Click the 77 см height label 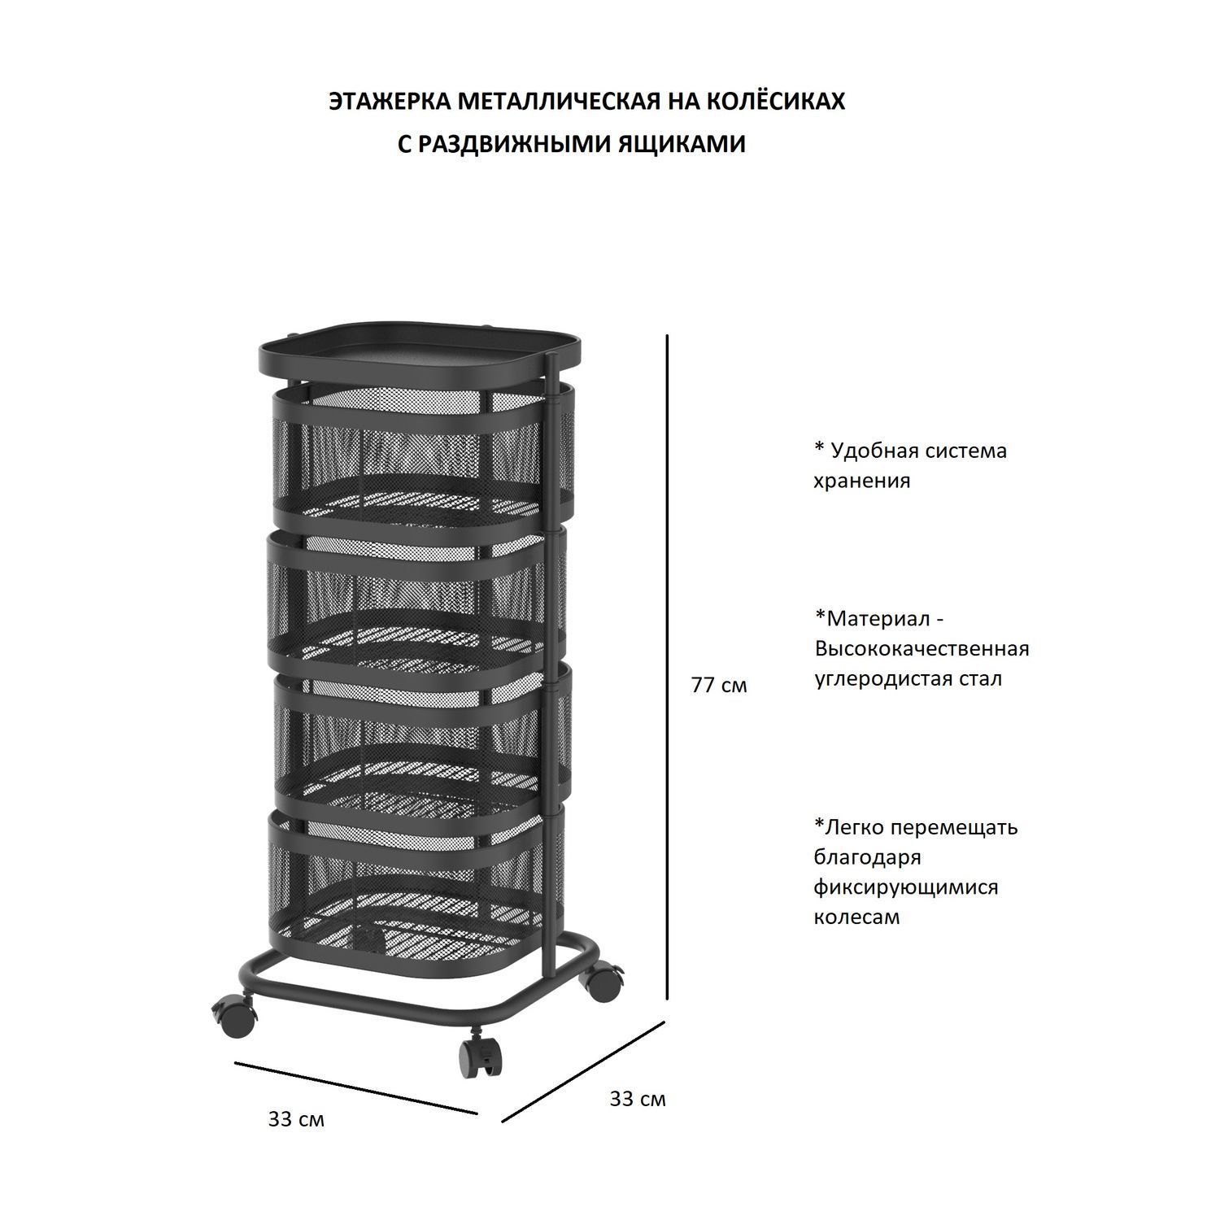(x=719, y=686)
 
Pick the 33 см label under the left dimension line (x=296, y=1120)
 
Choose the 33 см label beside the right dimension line (x=638, y=1100)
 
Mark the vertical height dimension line (x=668, y=667)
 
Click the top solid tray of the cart (x=420, y=352)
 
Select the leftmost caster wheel (x=234, y=1015)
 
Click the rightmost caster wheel (x=604, y=982)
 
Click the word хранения (x=862, y=481)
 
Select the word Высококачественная (x=922, y=649)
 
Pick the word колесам (x=857, y=917)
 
